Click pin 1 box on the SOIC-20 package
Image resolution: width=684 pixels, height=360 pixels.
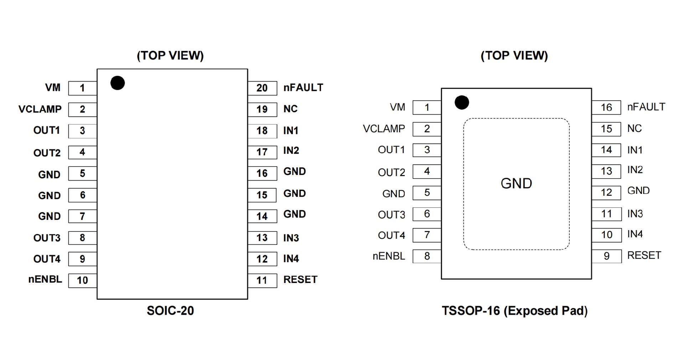click(82, 88)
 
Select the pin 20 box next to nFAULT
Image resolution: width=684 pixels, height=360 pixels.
click(262, 88)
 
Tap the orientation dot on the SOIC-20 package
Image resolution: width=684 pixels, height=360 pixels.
click(118, 83)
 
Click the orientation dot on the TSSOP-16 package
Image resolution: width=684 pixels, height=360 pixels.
click(462, 103)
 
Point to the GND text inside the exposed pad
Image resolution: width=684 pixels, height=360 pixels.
click(516, 184)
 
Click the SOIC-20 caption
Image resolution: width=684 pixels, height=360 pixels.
click(170, 311)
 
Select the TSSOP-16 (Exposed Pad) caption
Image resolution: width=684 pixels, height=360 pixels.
click(514, 311)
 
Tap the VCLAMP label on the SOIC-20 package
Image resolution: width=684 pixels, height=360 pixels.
click(40, 109)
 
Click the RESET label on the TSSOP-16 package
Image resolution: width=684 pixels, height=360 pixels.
click(644, 256)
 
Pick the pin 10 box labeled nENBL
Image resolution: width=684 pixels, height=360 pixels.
click(82, 281)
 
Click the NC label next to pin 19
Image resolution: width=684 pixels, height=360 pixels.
click(290, 109)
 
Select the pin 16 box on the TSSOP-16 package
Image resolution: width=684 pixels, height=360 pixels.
click(606, 108)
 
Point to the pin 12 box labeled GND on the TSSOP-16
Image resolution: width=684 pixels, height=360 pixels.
click(606, 192)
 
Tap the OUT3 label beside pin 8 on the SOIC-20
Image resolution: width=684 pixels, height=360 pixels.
click(47, 238)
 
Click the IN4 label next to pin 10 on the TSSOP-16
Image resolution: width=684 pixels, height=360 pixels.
click(635, 234)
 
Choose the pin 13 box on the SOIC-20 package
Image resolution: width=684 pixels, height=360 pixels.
click(262, 238)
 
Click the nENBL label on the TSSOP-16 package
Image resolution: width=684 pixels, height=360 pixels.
click(389, 256)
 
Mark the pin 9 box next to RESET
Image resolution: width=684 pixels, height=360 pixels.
click(606, 256)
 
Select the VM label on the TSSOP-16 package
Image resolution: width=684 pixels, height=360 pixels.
click(397, 107)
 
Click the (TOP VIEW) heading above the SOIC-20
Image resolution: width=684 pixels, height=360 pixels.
click(170, 56)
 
